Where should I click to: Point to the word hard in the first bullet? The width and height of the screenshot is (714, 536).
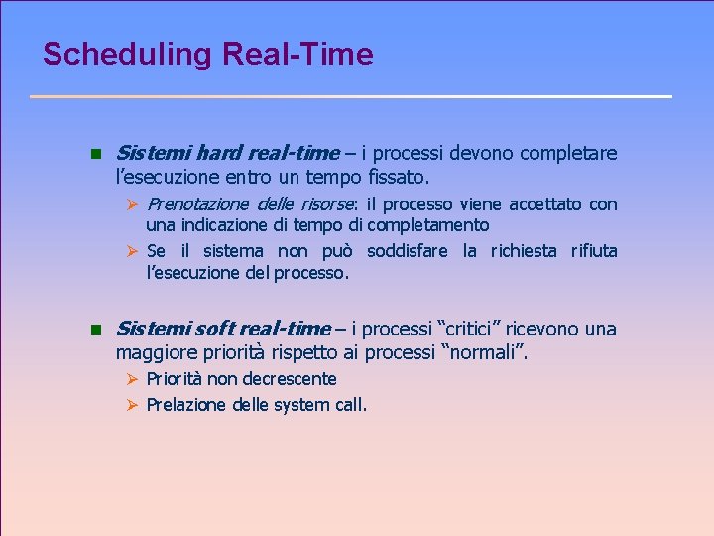coord(219,153)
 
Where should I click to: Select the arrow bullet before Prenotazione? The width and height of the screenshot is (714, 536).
coord(137,204)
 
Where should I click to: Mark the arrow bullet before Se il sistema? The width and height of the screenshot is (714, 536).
coord(137,251)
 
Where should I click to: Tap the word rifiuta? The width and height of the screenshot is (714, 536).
coord(593,251)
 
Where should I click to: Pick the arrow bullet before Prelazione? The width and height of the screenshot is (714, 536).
coord(137,404)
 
